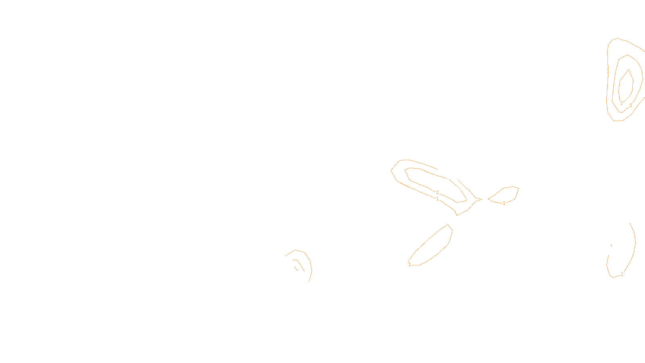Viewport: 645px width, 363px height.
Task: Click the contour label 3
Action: [x=621, y=103]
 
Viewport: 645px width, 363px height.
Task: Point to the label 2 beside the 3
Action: [x=630, y=105]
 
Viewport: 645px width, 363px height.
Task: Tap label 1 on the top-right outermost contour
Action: [x=608, y=71]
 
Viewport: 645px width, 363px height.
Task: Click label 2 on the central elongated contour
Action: [x=437, y=192]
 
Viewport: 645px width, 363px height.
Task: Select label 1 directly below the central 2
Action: [x=437, y=199]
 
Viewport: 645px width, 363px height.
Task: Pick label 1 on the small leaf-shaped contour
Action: [x=504, y=203]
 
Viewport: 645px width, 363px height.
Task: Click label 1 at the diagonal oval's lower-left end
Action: [x=410, y=265]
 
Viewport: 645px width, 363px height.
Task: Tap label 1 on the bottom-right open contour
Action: [x=622, y=274]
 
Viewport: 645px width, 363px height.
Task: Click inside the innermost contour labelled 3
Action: [x=625, y=87]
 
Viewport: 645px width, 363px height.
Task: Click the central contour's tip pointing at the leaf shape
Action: [x=480, y=199]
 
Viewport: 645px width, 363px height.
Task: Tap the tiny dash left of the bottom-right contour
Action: [x=612, y=245]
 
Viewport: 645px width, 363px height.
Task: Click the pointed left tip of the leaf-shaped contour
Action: [x=489, y=198]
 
